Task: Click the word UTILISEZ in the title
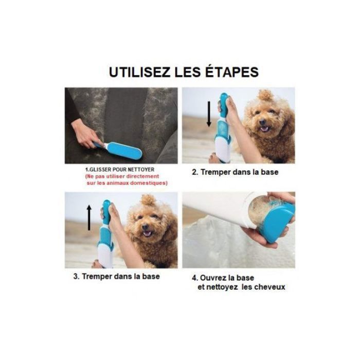point(139,72)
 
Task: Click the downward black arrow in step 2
point(209,114)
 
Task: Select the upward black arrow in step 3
point(89,218)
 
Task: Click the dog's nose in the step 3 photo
point(145,227)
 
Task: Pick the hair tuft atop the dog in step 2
point(265,95)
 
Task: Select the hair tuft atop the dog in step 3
point(148,200)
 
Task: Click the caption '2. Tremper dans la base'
point(235,172)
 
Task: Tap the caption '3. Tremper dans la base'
point(116,276)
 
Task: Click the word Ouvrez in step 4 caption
point(214,278)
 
